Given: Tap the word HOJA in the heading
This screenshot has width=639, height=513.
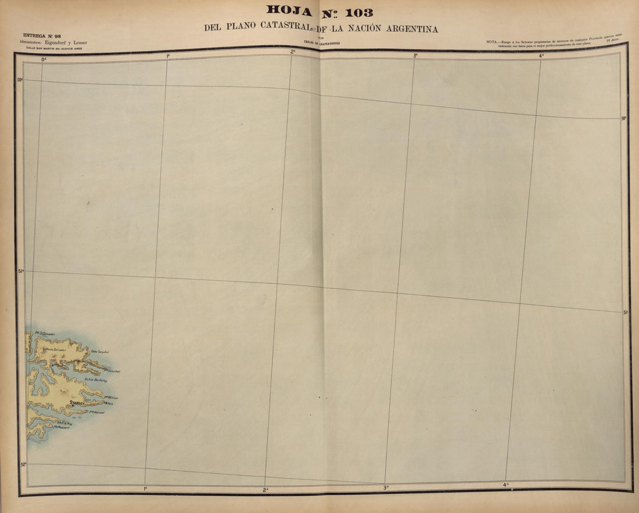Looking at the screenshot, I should point(289,10).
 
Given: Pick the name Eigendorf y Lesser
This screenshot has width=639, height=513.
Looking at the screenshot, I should point(66,42).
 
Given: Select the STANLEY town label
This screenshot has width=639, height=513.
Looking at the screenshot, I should point(77,402).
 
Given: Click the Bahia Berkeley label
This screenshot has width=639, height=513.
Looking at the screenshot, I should point(95,380).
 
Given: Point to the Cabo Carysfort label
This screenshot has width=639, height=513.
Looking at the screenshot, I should point(100,352).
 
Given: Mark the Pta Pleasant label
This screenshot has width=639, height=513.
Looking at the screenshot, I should point(63,428).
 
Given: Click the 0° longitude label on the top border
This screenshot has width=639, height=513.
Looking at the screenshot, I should point(43,59).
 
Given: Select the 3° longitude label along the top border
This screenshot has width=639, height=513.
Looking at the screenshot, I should point(415,56).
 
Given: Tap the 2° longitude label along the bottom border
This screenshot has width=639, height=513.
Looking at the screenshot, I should point(265,490).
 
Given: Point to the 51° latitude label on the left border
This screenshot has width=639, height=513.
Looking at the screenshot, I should point(21,271).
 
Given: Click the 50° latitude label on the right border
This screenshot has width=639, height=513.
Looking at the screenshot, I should point(624,118).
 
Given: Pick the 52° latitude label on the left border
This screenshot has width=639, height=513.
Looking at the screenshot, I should point(23,464).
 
